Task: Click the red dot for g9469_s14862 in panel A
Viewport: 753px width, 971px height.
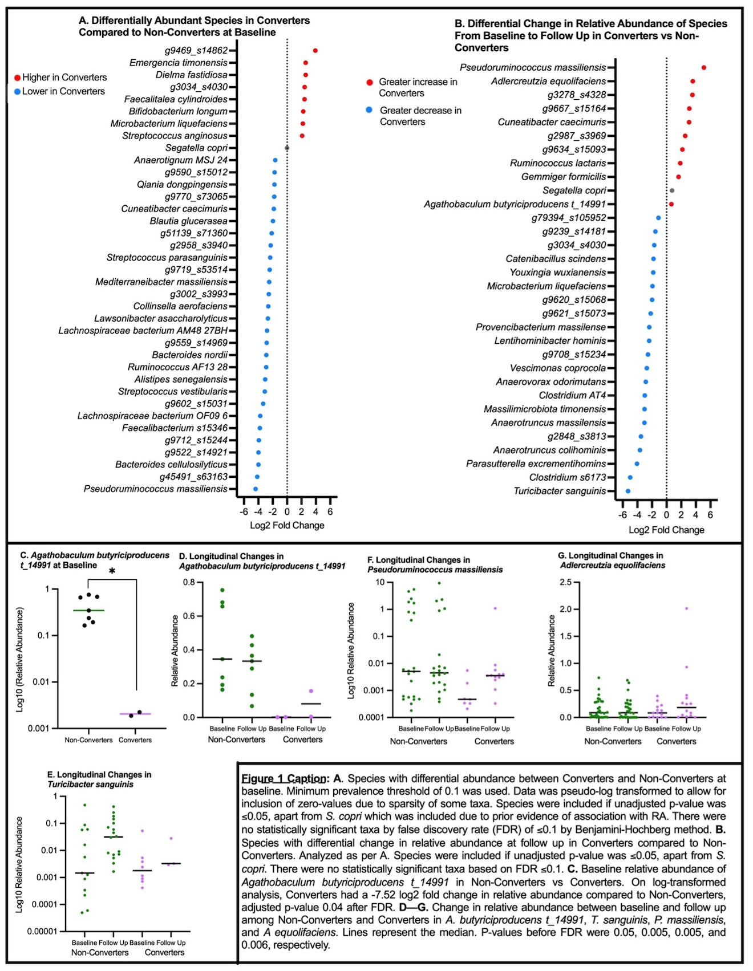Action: click(315, 51)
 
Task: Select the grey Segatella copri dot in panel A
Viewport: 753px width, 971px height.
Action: click(287, 148)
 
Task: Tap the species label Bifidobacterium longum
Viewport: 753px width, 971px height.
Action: click(178, 111)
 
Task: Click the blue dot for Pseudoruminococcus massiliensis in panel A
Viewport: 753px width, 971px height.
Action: click(256, 489)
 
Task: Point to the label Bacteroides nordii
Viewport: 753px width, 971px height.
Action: click(189, 355)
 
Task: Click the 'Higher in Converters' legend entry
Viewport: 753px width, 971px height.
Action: click(60, 78)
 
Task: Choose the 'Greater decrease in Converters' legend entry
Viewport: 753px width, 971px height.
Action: click(414, 116)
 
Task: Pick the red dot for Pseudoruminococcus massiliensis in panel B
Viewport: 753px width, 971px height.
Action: click(704, 68)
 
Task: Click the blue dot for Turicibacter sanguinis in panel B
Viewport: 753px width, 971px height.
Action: click(628, 491)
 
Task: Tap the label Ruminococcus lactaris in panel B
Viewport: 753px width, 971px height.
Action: click(558, 163)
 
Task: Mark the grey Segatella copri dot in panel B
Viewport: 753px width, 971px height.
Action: click(672, 190)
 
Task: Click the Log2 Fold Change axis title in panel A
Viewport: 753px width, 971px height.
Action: click(287, 525)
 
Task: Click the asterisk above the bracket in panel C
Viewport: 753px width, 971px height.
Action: click(112, 571)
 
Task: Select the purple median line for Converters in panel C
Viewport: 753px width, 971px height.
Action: click(135, 714)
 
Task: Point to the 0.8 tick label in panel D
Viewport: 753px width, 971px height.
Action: click(189, 583)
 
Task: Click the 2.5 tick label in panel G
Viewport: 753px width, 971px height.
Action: click(565, 583)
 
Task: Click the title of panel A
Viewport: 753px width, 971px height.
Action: click(195, 26)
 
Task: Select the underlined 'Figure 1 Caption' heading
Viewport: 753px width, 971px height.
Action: click(285, 779)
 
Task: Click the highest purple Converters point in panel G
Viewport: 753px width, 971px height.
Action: click(686, 609)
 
